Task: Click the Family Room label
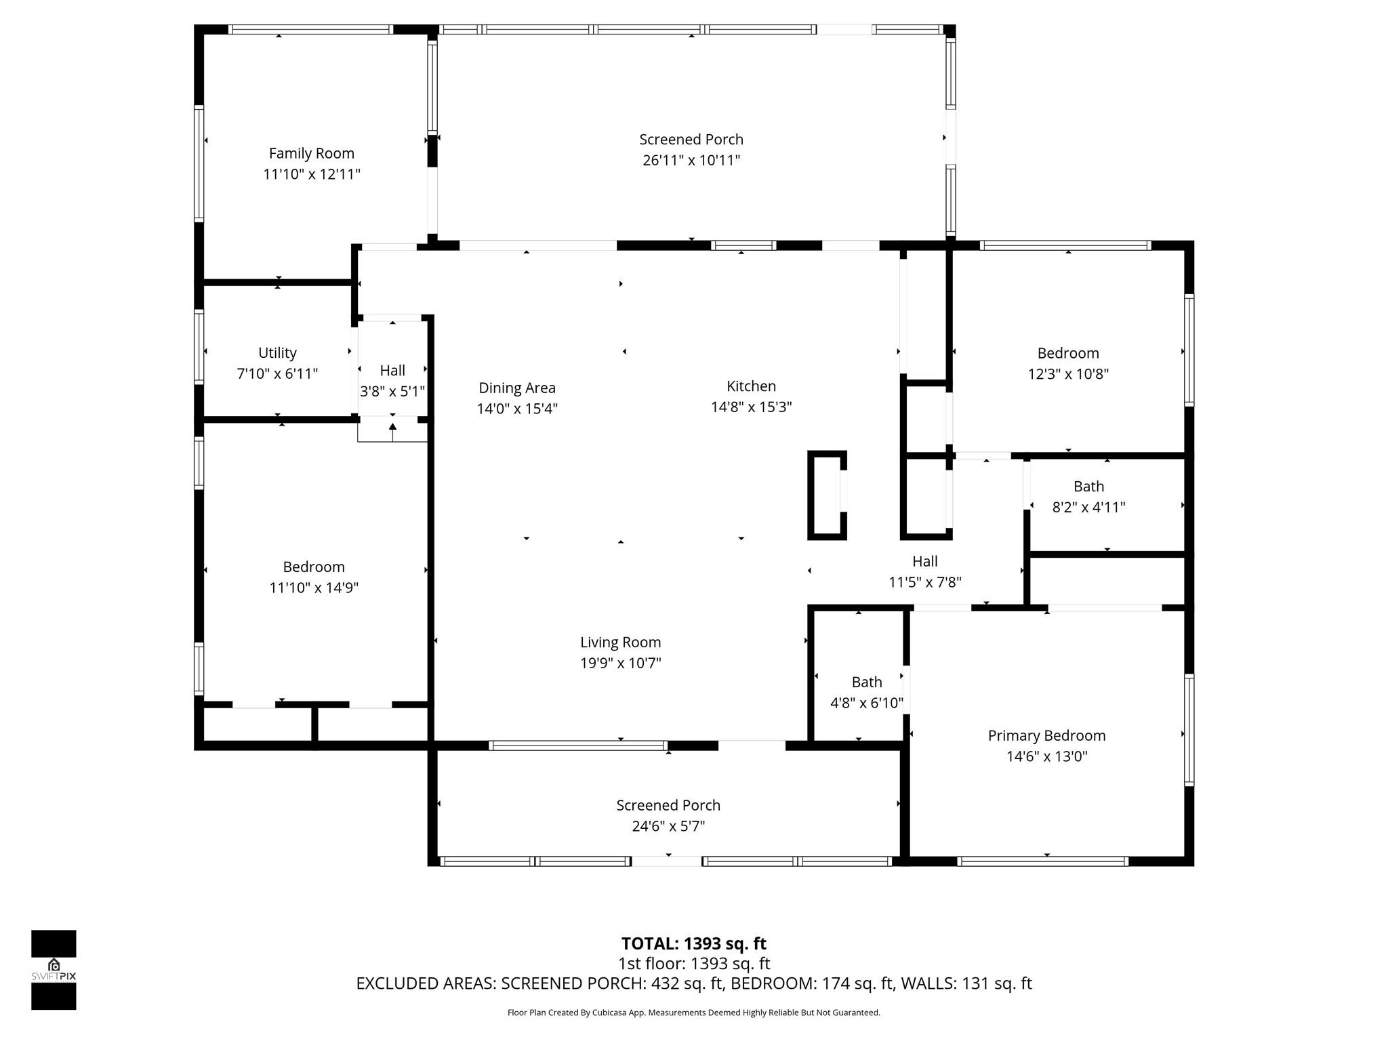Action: pyautogui.click(x=311, y=153)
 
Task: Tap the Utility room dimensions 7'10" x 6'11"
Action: pyautogui.click(x=277, y=373)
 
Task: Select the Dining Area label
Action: pyautogui.click(x=517, y=388)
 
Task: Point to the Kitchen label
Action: pyautogui.click(x=751, y=386)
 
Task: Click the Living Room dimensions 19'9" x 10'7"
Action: pyautogui.click(x=620, y=663)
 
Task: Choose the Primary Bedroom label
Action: pyautogui.click(x=1046, y=735)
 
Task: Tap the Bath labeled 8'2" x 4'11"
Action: pyautogui.click(x=1088, y=496)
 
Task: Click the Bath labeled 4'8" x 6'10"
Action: pyautogui.click(x=867, y=692)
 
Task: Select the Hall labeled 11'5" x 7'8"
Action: pyautogui.click(x=924, y=571)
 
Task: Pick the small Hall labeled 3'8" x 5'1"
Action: pyautogui.click(x=392, y=380)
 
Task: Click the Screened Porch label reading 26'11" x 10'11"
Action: pyautogui.click(x=691, y=149)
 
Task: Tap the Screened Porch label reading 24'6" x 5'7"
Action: pyautogui.click(x=668, y=815)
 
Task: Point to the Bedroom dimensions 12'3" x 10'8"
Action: pyautogui.click(x=1068, y=373)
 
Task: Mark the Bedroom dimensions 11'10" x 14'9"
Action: pyautogui.click(x=314, y=588)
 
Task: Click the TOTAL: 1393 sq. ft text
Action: pyautogui.click(x=693, y=943)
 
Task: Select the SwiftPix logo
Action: pyautogui.click(x=54, y=969)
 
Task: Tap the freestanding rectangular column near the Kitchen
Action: pyautogui.click(x=827, y=495)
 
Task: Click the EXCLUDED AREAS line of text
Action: pyautogui.click(x=693, y=983)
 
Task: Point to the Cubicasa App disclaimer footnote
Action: pyautogui.click(x=693, y=1013)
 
